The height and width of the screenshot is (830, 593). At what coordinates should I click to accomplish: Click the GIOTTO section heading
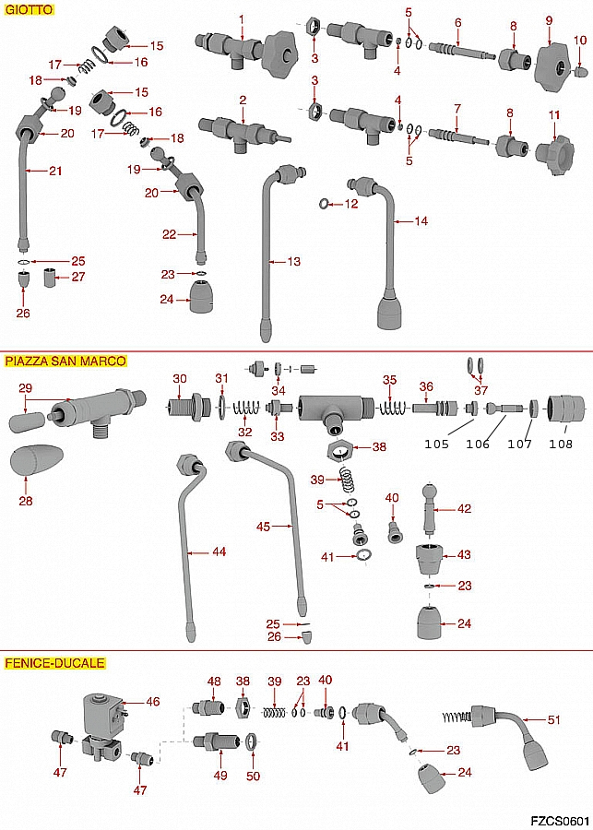coord(29,8)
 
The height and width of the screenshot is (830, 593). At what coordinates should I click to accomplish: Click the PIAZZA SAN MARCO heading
coord(65,361)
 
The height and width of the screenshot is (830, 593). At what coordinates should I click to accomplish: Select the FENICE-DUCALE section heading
coord(54,662)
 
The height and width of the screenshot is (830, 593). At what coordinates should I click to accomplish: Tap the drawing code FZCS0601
coord(560,820)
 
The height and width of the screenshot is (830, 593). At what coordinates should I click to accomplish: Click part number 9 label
coord(549,21)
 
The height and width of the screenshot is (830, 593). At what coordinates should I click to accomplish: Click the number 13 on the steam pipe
coord(293,262)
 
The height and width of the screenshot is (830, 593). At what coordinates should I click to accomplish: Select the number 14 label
coord(421,221)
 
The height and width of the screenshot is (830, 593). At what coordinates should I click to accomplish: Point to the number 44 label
coord(219,551)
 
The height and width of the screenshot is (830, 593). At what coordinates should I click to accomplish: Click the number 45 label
coord(264,528)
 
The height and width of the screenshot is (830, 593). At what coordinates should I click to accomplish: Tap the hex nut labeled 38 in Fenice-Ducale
coord(243,709)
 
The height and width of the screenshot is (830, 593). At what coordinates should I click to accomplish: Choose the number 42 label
coord(464,508)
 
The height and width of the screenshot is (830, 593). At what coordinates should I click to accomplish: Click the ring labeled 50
coord(251,742)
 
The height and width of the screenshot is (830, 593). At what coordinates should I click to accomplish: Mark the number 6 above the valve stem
coord(457,22)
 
